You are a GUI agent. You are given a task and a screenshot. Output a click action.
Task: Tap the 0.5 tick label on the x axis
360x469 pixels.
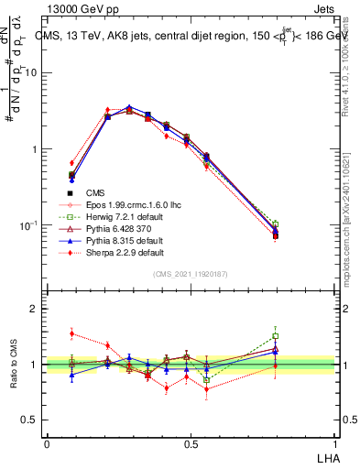[x=191, y=443]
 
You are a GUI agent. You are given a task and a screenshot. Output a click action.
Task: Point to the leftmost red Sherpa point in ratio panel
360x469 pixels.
[x=72, y=333]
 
